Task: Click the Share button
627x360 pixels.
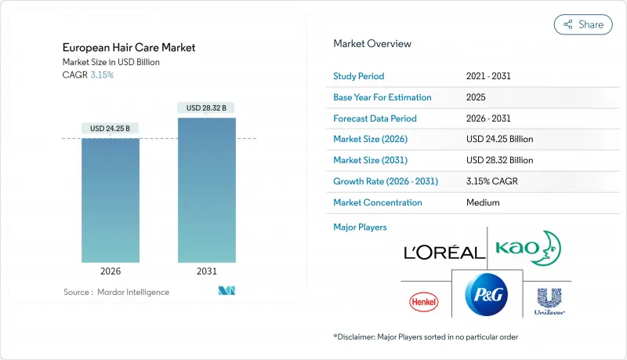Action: tap(583, 24)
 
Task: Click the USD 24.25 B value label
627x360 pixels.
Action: tap(110, 129)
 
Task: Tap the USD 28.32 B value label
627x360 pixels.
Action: tap(206, 107)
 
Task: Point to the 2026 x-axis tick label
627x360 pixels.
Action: tap(111, 271)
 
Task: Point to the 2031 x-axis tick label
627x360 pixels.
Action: tap(206, 271)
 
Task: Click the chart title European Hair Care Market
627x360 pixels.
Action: tap(129, 48)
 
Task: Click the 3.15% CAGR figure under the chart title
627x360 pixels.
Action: tap(102, 75)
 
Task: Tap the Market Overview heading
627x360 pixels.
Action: tap(372, 44)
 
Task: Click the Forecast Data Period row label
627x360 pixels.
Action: tap(375, 118)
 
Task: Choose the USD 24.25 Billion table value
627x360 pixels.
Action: tap(499, 139)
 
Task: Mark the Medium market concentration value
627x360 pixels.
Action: tap(483, 202)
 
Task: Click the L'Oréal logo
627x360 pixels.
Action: tap(444, 253)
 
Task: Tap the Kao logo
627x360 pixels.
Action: tap(528, 249)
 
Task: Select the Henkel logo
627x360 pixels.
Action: tap(424, 302)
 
